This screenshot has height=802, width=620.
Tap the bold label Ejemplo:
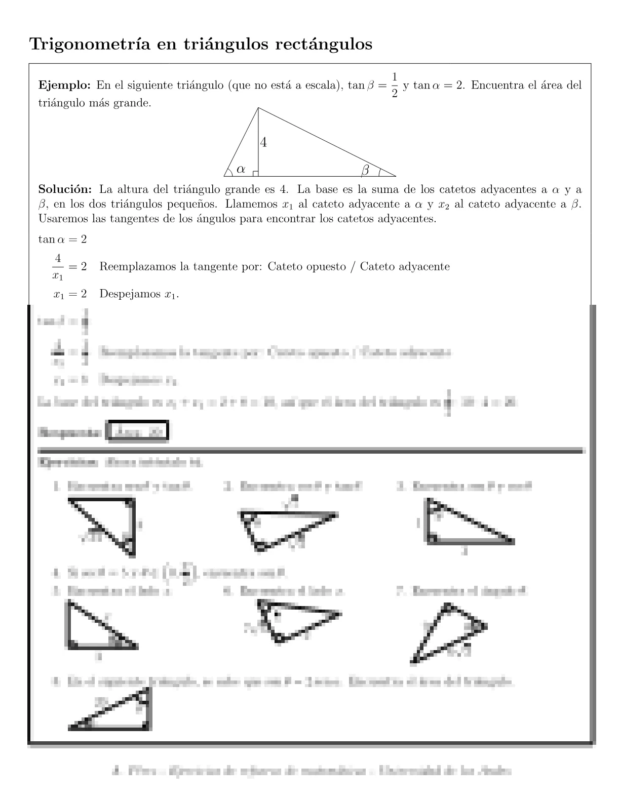(x=64, y=85)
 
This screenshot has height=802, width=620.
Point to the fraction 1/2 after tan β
(x=395, y=86)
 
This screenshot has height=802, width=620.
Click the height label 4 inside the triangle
(x=263, y=143)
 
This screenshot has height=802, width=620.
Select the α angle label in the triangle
(x=241, y=169)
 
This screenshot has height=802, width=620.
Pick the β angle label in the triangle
(x=365, y=171)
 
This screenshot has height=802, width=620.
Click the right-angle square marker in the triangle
(x=255, y=174)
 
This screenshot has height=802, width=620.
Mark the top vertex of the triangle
(x=258, y=108)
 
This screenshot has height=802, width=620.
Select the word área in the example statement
(x=547, y=85)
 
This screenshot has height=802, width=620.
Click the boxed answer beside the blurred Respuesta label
(x=138, y=432)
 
